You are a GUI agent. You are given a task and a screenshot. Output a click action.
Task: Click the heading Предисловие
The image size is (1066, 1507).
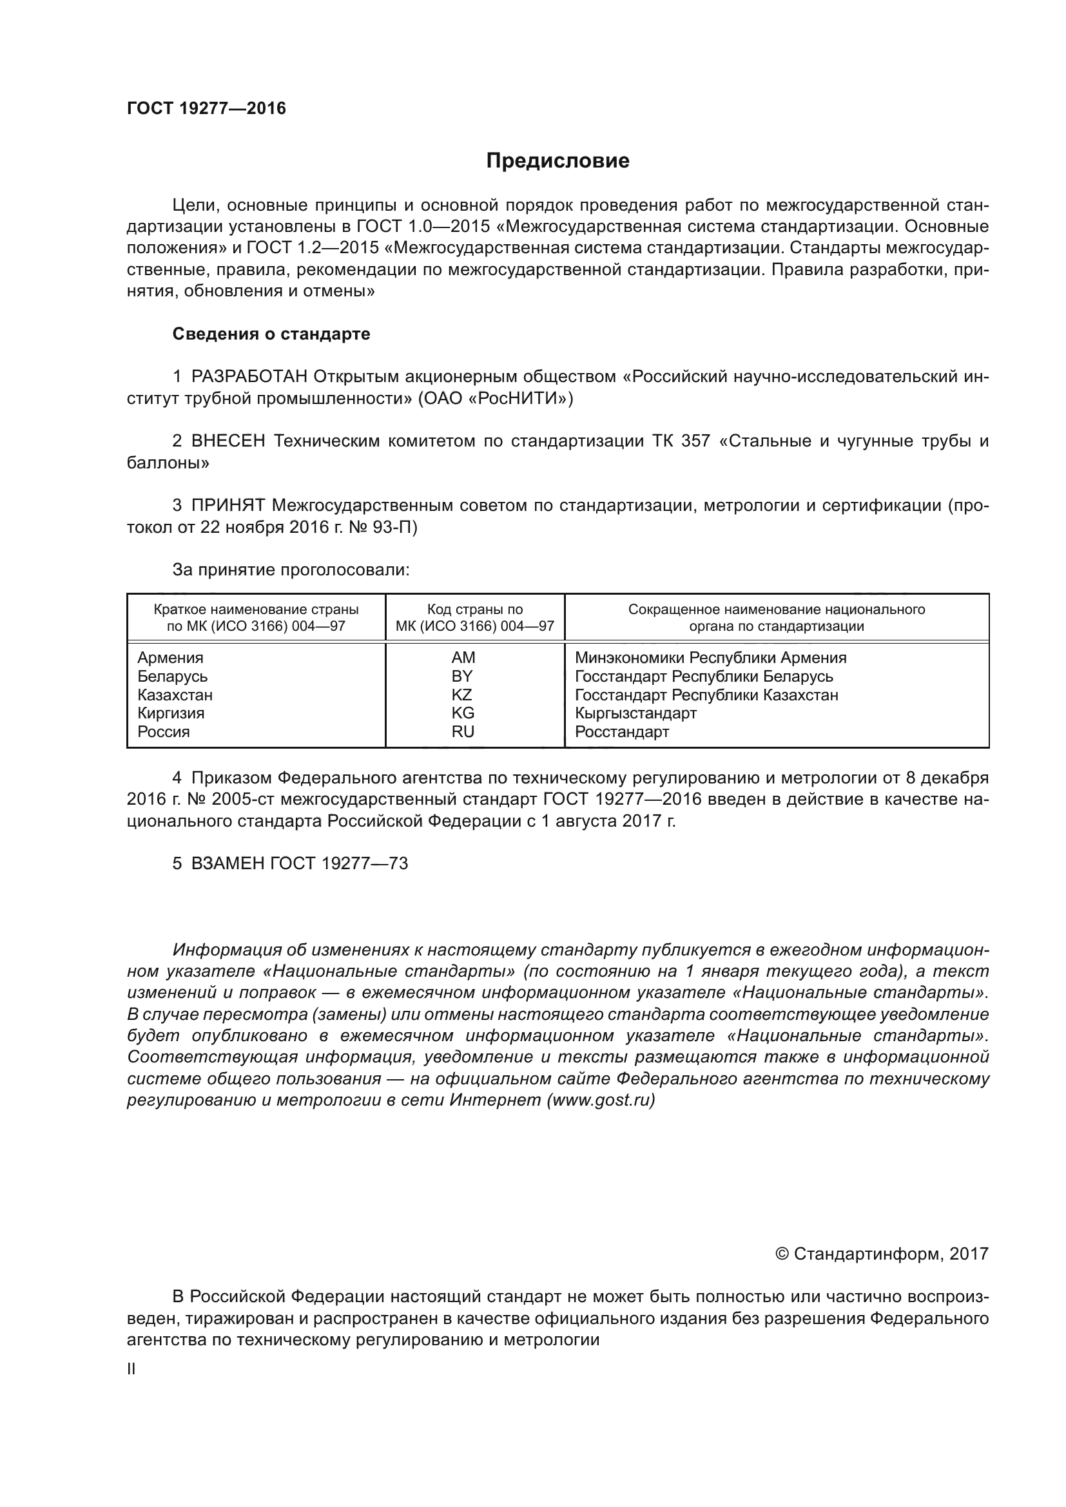click(x=557, y=161)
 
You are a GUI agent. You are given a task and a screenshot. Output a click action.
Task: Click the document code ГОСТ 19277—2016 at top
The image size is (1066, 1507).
click(x=206, y=108)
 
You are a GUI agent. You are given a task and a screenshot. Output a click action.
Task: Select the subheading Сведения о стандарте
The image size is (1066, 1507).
click(x=271, y=334)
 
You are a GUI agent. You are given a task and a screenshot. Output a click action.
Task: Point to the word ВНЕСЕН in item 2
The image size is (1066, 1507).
click(x=228, y=441)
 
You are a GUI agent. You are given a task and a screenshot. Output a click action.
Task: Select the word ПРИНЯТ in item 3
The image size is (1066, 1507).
click(x=228, y=505)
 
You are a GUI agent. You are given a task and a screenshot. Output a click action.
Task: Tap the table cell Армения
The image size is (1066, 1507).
click(x=171, y=658)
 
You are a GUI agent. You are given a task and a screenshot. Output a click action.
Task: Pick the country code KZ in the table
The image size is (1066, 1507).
click(x=462, y=695)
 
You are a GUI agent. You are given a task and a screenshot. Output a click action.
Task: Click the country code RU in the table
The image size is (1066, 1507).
click(x=462, y=732)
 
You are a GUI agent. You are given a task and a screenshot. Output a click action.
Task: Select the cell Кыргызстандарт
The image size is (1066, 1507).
click(x=635, y=713)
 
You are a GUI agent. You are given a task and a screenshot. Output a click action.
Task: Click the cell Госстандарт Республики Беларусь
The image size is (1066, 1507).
click(x=704, y=676)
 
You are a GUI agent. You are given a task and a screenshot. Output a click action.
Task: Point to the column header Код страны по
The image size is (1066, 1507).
click(x=474, y=609)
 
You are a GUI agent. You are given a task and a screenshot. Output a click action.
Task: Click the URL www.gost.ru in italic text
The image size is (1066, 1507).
click(x=601, y=1100)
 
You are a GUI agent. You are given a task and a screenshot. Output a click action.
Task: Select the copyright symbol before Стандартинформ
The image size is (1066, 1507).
click(x=782, y=1254)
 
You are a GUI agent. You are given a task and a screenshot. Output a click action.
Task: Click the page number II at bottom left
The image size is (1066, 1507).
click(x=131, y=1369)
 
